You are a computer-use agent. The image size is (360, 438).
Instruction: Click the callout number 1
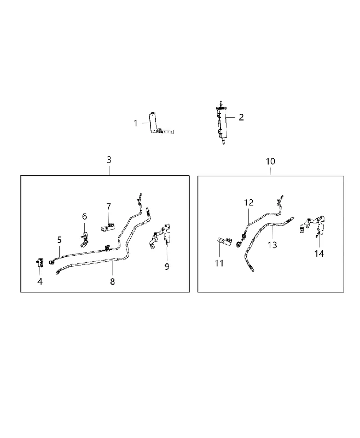[136, 123]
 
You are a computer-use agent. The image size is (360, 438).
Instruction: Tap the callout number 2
[241, 117]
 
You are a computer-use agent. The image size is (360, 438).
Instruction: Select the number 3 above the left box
[109, 160]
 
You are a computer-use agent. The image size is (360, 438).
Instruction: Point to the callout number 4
[40, 281]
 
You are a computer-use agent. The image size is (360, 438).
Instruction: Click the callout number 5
[60, 240]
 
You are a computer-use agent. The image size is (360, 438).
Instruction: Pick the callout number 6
[85, 216]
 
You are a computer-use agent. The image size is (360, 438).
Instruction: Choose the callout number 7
[108, 207]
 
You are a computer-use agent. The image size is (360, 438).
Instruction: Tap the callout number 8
[113, 281]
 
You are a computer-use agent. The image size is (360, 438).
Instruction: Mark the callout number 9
[167, 267]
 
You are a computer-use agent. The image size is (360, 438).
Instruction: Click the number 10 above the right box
[270, 162]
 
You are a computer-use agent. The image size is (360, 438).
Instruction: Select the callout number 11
[219, 263]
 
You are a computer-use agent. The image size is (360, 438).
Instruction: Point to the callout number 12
[248, 203]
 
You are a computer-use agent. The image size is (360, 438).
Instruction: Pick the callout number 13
[272, 245]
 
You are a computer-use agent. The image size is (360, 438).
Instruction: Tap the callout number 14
[319, 253]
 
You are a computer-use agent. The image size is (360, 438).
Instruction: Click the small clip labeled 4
[40, 263]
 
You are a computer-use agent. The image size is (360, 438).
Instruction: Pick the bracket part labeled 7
[108, 226]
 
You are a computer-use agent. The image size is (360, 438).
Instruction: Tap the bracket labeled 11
[224, 241]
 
